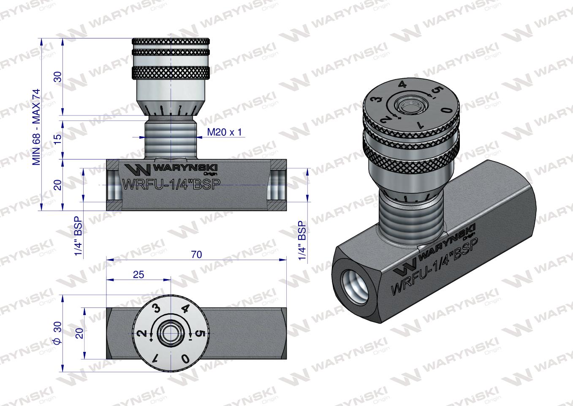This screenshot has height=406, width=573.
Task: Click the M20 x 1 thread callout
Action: pos(224,132)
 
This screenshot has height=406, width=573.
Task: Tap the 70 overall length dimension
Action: pos(196,255)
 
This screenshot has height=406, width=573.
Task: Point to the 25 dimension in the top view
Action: pos(138,274)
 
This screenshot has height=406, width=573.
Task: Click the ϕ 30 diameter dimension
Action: pos(58,332)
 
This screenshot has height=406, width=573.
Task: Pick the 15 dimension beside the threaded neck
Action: pos(58,137)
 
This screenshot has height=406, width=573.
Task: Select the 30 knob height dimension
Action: pos(58,77)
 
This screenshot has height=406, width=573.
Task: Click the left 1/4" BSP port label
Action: pos(78,238)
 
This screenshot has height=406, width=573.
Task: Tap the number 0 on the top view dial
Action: pos(185,359)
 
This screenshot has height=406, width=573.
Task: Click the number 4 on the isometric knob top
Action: pos(402,85)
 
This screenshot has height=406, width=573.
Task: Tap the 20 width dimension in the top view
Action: pos(79,332)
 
